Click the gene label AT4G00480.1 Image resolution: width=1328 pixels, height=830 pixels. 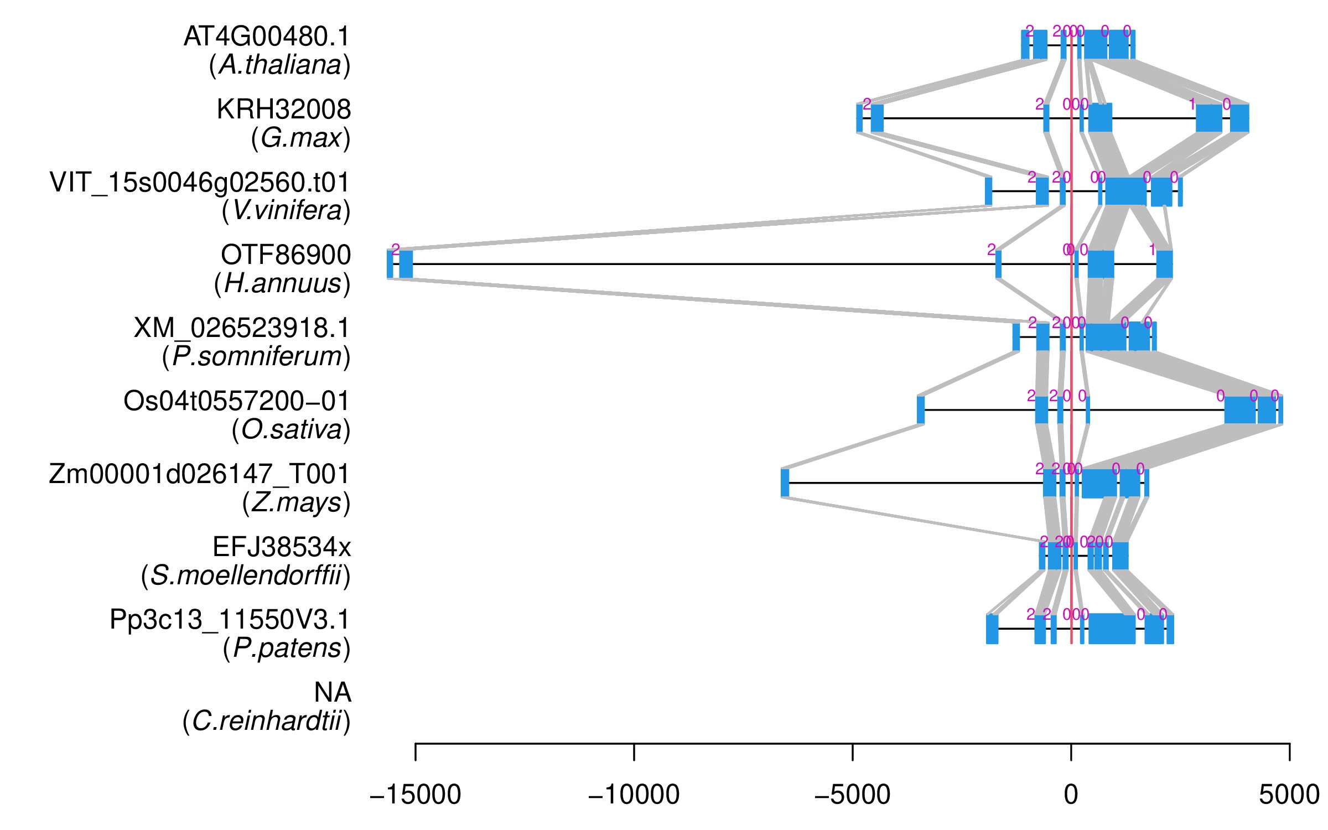coord(267,37)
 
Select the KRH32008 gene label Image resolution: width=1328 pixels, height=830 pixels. coord(283,110)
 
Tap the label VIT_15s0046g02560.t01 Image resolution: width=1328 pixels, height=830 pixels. coord(200,183)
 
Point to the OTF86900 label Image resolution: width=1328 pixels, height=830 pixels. coord(286,255)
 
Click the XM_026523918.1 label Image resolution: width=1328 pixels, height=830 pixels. coord(242,328)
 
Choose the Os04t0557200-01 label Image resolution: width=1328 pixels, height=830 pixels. coord(236,401)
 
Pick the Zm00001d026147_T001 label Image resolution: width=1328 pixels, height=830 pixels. coord(199,474)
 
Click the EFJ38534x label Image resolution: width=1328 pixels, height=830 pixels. coord(282,547)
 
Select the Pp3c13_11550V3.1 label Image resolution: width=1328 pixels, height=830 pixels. coord(230,620)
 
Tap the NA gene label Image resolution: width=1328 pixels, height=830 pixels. coord(333,693)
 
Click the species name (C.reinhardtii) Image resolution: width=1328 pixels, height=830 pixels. coord(266,722)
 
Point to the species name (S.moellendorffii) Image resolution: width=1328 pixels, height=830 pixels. coord(246,576)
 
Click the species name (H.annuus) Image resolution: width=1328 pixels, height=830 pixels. coord(282,284)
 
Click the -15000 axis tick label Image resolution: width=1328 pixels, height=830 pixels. coord(415,795)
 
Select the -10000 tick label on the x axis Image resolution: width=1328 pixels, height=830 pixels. coord(634,795)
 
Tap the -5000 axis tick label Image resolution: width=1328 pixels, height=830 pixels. coord(852,795)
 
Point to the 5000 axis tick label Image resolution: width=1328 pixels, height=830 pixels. coord(1289,795)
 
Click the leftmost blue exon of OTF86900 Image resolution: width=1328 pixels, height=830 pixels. coord(390,264)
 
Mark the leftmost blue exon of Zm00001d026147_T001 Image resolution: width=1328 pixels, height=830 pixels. coord(785,483)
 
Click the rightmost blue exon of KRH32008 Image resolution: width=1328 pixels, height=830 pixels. coord(1239,118)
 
